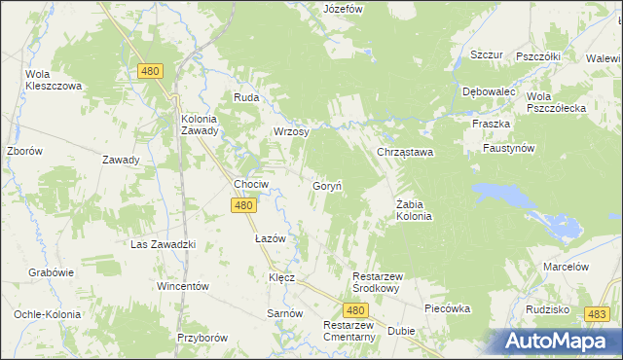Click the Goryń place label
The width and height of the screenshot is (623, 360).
[x=325, y=185]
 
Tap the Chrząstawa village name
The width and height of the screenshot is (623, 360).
[x=405, y=153]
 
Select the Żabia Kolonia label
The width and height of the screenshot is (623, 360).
[x=414, y=210]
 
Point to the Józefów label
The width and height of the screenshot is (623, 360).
[x=343, y=9]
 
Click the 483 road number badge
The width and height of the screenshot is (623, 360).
[x=598, y=313]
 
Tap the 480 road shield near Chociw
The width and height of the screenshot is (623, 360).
[x=243, y=205]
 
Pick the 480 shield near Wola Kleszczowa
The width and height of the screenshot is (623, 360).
[x=150, y=71]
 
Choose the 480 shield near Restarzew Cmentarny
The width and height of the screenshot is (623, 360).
[x=356, y=309]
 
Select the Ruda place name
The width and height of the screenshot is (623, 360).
[x=244, y=97]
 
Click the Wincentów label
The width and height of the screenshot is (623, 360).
[x=184, y=286]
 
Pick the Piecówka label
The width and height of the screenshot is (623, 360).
[x=447, y=308]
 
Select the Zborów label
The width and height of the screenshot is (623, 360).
[x=23, y=152]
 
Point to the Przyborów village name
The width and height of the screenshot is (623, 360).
[x=202, y=338]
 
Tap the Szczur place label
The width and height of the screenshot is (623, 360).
[x=486, y=54]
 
